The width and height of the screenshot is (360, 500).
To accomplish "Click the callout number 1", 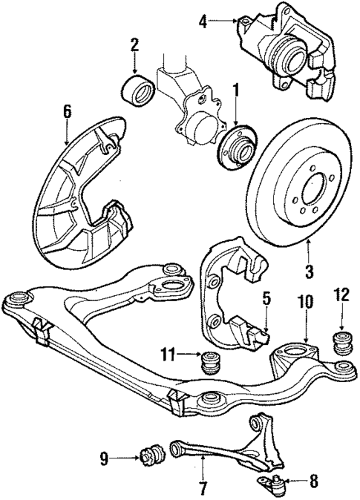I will click(x=235, y=93).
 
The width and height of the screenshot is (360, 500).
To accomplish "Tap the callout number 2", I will click(x=135, y=45).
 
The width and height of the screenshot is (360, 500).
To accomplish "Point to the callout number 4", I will click(x=203, y=22).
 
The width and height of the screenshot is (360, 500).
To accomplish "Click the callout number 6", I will click(x=67, y=113).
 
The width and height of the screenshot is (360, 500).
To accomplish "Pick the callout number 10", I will click(x=304, y=303).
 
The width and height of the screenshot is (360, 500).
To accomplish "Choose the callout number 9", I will click(x=104, y=460).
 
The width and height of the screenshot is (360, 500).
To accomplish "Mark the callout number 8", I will click(x=312, y=481).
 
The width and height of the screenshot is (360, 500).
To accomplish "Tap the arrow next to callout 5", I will click(x=266, y=327).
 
